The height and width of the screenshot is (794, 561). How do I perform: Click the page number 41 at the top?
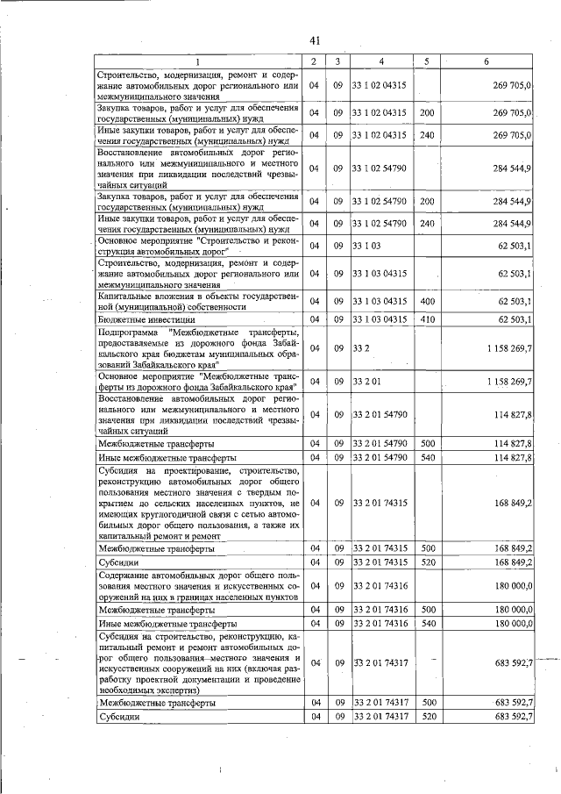point(316,39)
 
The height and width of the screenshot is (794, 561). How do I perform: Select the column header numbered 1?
point(197,61)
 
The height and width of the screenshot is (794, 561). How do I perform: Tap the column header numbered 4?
point(381,61)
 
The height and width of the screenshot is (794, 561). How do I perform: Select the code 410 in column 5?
point(427,320)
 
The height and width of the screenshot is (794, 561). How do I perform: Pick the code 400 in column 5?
point(427,302)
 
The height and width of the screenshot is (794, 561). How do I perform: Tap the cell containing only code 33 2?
point(360,348)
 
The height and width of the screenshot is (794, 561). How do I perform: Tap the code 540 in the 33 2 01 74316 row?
point(427,623)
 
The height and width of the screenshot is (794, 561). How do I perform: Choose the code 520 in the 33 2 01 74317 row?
point(427,717)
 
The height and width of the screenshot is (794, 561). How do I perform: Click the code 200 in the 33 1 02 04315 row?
point(427,112)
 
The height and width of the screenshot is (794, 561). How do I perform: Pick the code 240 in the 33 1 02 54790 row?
point(427,223)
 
